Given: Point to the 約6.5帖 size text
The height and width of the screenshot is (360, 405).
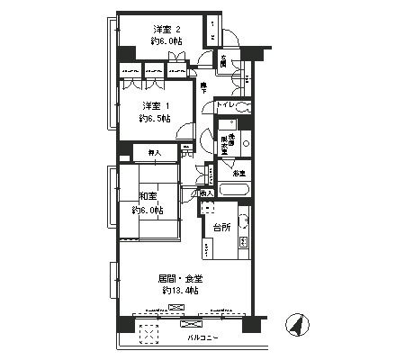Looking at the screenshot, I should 155,118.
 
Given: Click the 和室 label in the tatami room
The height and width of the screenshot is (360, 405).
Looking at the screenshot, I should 148,196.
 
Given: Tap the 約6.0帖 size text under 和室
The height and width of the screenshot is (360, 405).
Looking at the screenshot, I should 148,211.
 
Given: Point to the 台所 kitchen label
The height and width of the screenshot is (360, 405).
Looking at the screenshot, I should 222,228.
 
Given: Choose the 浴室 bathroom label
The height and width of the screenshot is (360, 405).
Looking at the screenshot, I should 239,172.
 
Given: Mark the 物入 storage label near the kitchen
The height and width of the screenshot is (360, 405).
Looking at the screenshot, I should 206,193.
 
